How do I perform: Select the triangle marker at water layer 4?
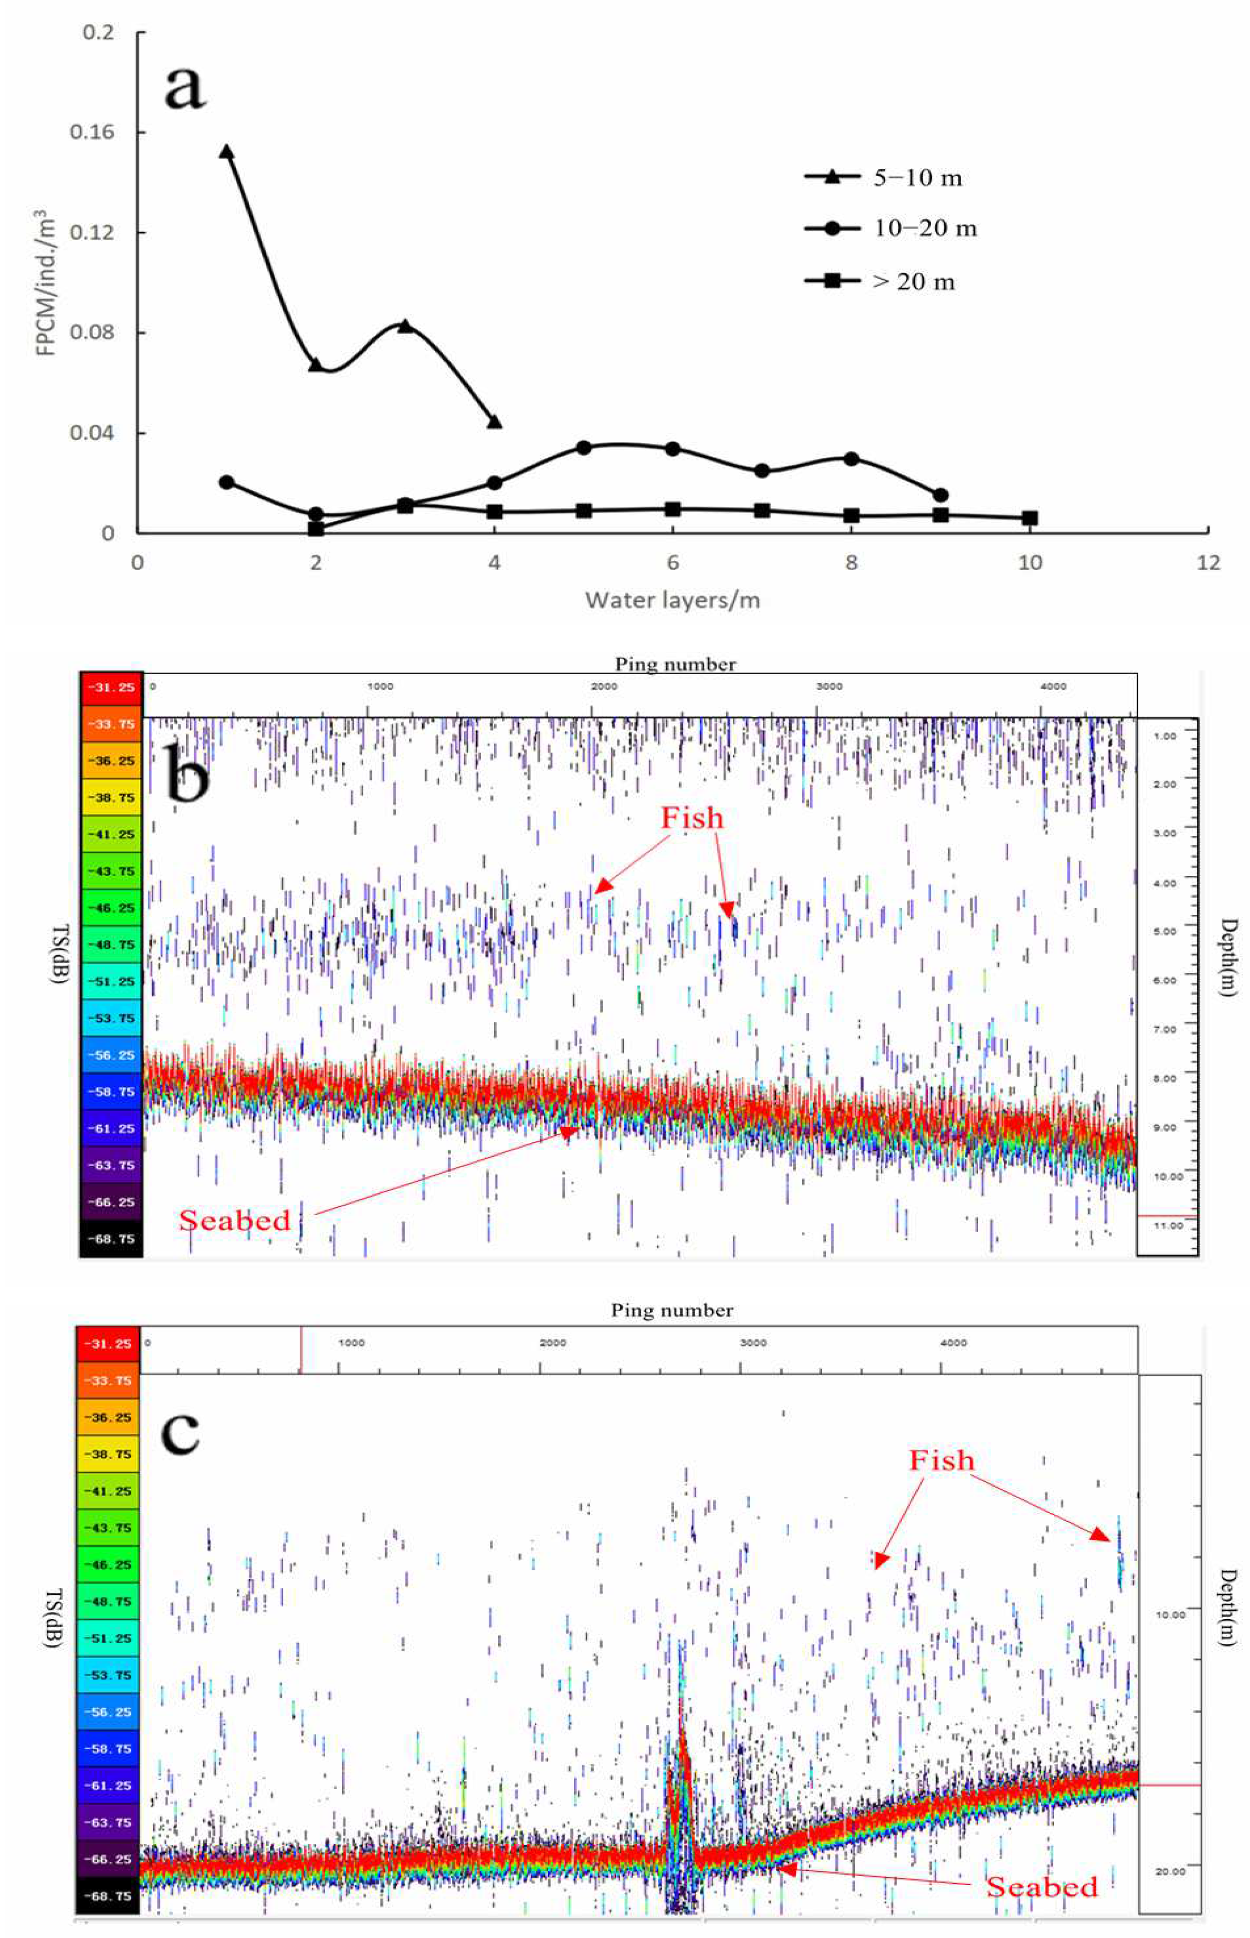point(494,422)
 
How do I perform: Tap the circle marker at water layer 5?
point(583,447)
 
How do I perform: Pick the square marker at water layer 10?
point(1029,518)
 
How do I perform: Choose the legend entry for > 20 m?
point(880,282)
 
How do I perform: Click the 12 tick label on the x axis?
point(1208,562)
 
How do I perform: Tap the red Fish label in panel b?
point(692,817)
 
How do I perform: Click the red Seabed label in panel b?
point(235,1220)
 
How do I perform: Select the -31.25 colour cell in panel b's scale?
point(111,687)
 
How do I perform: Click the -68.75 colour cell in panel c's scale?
point(107,1896)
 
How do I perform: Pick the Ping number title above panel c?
point(672,1310)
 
